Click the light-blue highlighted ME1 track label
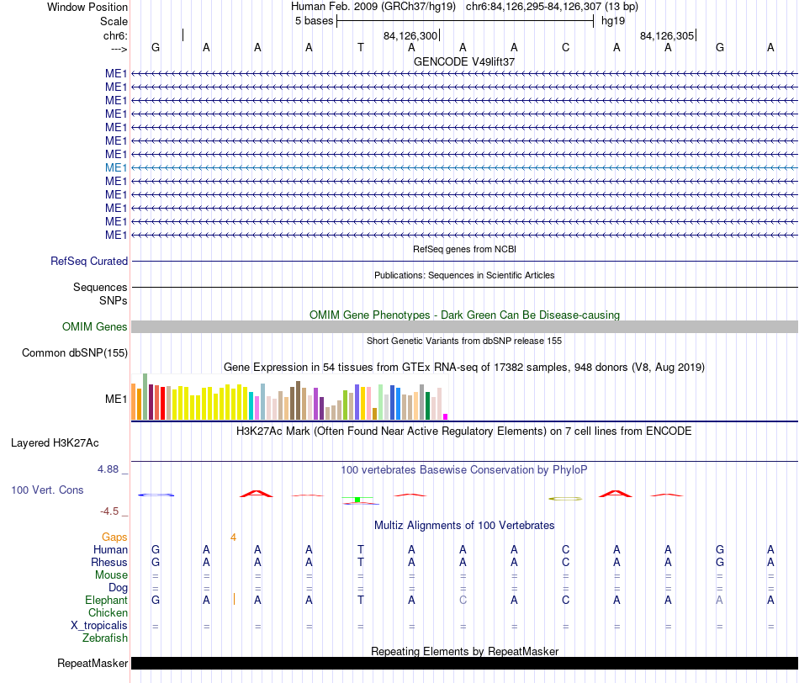point(116,167)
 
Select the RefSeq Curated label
point(89,261)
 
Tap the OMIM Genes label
point(95,326)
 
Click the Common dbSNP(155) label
point(75,352)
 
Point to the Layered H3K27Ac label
point(55,443)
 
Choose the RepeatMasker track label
point(93,663)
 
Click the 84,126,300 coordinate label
point(410,35)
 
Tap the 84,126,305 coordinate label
point(667,35)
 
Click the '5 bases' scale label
point(314,21)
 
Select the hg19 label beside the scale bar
point(613,21)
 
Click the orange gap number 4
point(233,537)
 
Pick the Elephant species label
point(107,600)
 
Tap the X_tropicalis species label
point(99,626)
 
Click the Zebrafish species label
point(105,638)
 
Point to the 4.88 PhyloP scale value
point(108,469)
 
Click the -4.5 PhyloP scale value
point(109,511)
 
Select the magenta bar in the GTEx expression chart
point(446,417)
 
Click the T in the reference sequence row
point(361,47)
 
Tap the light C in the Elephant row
point(463,600)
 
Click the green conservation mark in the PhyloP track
point(357,500)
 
